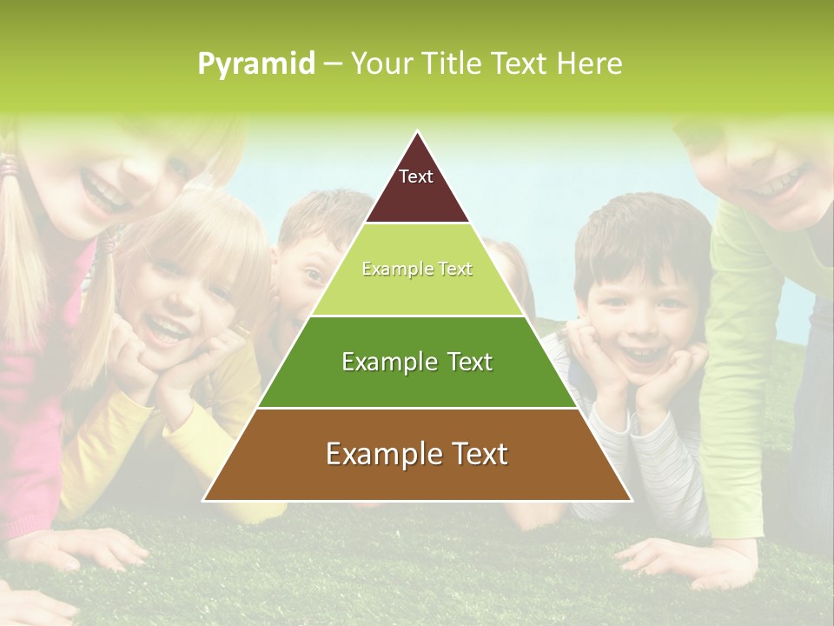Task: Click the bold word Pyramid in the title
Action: coord(255,64)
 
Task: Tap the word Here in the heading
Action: coord(589,63)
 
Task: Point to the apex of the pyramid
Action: coord(417,133)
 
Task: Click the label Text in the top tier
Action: coord(415,176)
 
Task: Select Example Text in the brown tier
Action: coord(417,454)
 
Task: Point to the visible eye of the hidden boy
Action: coord(314,276)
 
